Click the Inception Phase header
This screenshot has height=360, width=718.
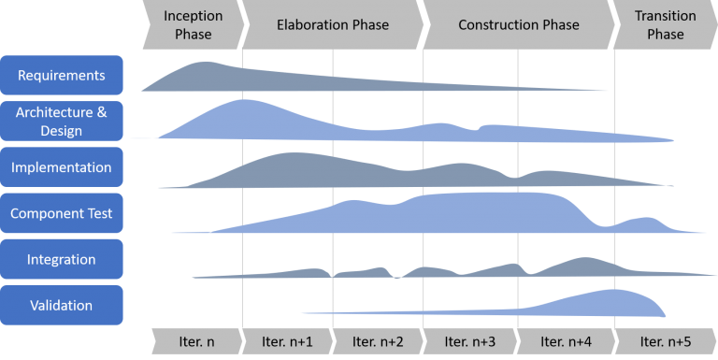(x=193, y=25)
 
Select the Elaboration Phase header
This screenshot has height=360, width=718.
(x=332, y=25)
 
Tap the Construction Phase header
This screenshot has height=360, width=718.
(x=518, y=25)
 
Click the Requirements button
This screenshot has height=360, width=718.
(x=62, y=75)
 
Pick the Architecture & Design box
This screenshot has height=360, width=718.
(x=62, y=122)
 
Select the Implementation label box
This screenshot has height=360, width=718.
(x=62, y=167)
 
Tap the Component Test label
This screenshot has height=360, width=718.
(x=62, y=213)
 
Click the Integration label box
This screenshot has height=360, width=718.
(x=62, y=259)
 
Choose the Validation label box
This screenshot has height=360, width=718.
(x=62, y=305)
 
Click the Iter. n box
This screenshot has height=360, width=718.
(x=196, y=341)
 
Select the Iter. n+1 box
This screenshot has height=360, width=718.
(x=287, y=341)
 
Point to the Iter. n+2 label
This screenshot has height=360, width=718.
(x=378, y=341)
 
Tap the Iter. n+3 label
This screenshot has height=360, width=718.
(x=469, y=341)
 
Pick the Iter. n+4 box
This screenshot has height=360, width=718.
(x=565, y=341)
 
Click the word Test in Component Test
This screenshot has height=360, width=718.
(x=96, y=213)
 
